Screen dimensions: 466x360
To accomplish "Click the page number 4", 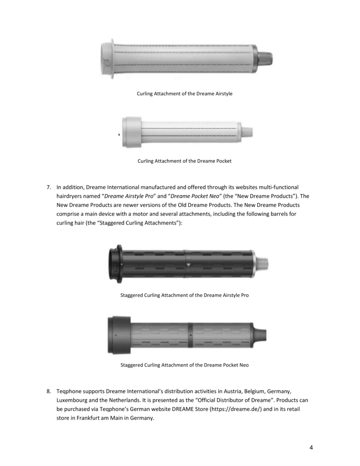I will pos(311,448).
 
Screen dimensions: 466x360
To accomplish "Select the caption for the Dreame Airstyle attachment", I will pos(184,94).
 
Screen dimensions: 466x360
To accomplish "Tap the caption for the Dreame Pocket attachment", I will pos(184,161).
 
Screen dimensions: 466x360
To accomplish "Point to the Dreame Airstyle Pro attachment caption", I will pos(184,295).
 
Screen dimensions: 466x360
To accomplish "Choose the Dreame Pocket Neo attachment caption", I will pos(184,365).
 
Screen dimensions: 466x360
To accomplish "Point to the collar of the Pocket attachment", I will pos(132,132).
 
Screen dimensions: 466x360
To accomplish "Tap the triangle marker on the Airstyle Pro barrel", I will pos(188,264).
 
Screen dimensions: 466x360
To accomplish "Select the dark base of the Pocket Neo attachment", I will pos(118,334).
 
